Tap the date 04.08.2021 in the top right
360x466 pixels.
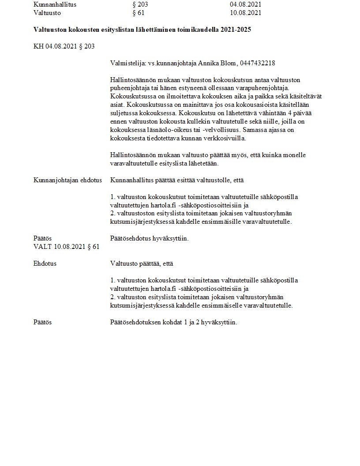point(245,4)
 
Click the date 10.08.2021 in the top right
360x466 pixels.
point(245,13)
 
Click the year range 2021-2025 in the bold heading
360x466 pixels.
point(238,30)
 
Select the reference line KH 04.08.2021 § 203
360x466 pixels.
point(64,46)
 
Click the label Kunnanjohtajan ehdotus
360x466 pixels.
point(67,180)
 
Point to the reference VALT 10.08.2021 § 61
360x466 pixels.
point(66,247)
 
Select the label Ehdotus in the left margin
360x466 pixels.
point(45,263)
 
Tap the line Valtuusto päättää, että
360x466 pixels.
point(142,263)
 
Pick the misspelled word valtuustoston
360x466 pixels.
point(136,214)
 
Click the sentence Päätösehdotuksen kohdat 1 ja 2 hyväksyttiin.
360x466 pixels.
point(173,322)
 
